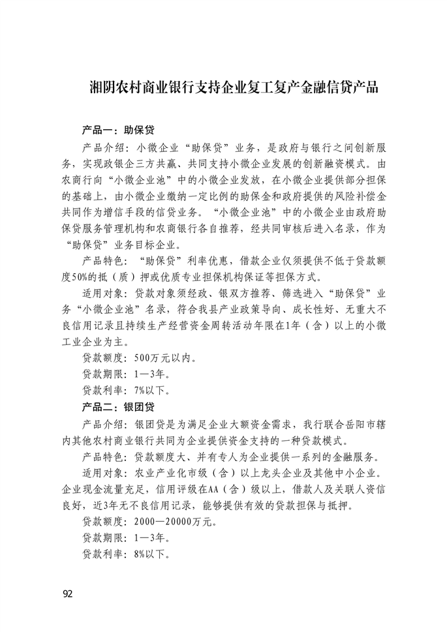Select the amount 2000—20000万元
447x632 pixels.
177,522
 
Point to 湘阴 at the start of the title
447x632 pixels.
99,88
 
